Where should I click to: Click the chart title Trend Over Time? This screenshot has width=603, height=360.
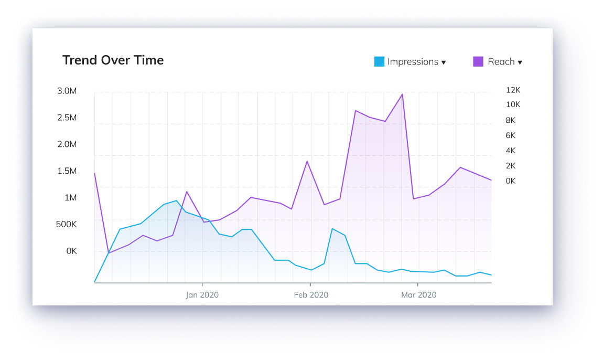pyautogui.click(x=113, y=60)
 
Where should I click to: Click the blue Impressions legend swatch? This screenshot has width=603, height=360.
pyautogui.click(x=379, y=61)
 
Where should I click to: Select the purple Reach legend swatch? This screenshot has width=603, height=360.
pyautogui.click(x=478, y=61)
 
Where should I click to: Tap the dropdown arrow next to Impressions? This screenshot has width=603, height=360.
pyautogui.click(x=444, y=62)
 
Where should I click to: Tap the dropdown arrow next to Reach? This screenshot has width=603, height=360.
pyautogui.click(x=520, y=62)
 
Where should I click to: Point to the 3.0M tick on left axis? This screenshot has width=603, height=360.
pyautogui.click(x=67, y=91)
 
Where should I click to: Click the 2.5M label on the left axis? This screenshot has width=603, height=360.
pyautogui.click(x=67, y=118)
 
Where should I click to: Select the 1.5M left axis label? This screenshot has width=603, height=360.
pyautogui.click(x=67, y=171)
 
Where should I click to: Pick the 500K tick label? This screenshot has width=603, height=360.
pyautogui.click(x=67, y=224)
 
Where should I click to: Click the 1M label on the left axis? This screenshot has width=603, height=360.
pyautogui.click(x=70, y=198)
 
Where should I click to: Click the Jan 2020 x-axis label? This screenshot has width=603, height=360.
pyautogui.click(x=202, y=294)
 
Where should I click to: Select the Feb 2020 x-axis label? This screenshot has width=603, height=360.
pyautogui.click(x=311, y=294)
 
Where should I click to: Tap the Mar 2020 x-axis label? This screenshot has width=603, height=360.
pyautogui.click(x=419, y=294)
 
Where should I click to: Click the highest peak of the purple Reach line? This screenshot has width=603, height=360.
pyautogui.click(x=402, y=94)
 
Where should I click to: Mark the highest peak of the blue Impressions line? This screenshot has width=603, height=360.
pyautogui.click(x=177, y=200)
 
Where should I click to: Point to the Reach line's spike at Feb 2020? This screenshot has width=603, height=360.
pyautogui.click(x=307, y=161)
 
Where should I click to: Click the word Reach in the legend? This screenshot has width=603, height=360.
pyautogui.click(x=501, y=61)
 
